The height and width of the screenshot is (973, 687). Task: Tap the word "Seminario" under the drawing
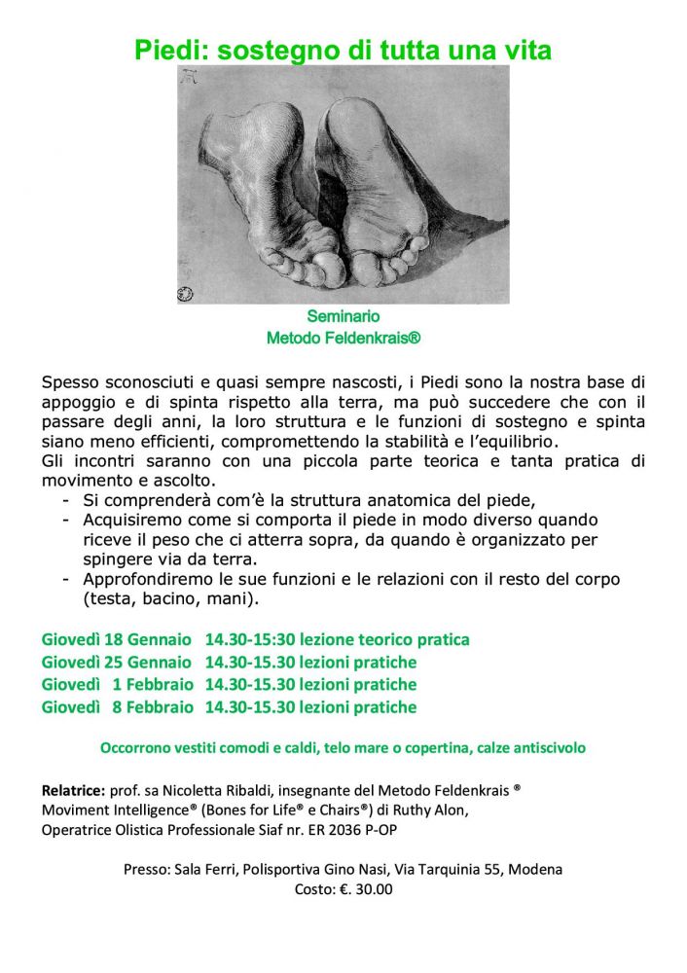click(x=343, y=316)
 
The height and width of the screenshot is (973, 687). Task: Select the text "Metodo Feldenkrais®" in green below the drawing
click(x=343, y=339)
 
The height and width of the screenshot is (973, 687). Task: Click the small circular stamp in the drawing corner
click(x=185, y=294)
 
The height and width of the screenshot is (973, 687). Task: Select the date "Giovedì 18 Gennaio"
click(x=117, y=639)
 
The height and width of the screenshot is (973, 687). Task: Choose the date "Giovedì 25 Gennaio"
click(x=117, y=662)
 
